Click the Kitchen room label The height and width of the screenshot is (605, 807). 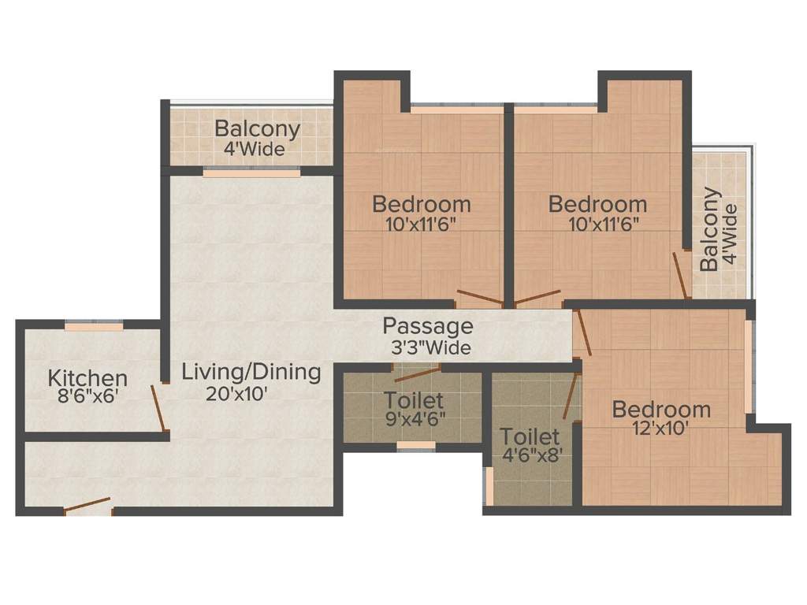(87, 377)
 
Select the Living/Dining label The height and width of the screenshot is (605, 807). (251, 372)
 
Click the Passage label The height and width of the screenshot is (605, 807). (428, 326)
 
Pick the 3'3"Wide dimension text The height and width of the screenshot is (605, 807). (431, 347)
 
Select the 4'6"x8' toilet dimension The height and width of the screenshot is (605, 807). (532, 455)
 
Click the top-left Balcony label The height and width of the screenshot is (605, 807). (257, 128)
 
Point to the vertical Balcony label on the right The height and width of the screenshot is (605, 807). (710, 229)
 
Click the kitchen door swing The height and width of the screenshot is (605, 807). (159, 408)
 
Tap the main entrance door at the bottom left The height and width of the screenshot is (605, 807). (87, 507)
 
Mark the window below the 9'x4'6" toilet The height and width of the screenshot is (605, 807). (416, 446)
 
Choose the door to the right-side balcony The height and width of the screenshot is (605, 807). (682, 276)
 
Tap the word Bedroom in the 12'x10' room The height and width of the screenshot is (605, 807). (661, 410)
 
